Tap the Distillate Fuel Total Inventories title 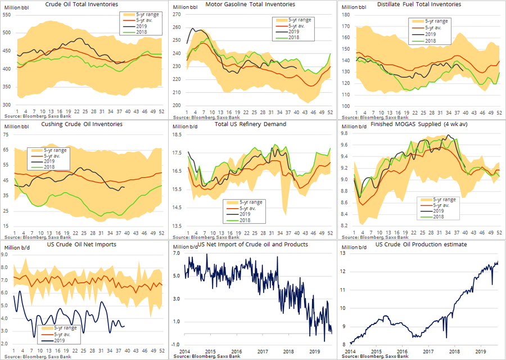tap(419, 4)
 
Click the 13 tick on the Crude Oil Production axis tap(344, 253)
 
